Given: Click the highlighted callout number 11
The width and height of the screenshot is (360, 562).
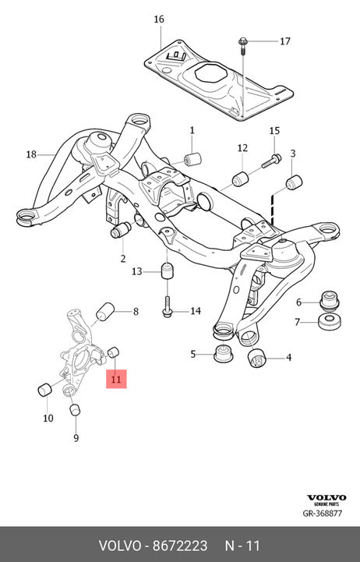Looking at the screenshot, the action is point(116,379).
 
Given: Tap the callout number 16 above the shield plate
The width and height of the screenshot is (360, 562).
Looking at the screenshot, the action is point(159,19).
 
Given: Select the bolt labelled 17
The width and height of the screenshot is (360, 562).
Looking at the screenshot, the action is point(242,46).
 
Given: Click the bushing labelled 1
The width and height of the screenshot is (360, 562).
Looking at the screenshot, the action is point(192,159).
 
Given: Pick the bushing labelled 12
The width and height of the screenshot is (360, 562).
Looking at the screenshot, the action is point(240,180).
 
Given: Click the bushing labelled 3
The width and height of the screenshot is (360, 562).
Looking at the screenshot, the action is point(294,183).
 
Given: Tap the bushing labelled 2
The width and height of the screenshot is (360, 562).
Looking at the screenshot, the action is point(121,229).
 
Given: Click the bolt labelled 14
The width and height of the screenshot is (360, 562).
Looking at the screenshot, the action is point(167,306).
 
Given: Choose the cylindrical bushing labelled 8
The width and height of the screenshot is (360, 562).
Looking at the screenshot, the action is point(105,313).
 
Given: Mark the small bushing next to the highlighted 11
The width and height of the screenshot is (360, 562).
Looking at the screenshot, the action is point(114,352).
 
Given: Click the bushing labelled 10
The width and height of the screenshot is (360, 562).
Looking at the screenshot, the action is point(45,390).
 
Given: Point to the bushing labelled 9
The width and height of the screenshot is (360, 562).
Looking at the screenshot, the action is point(75,409).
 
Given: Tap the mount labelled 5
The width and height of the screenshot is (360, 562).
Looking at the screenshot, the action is point(223,354).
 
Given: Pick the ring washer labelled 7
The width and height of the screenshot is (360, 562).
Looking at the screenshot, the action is point(330,321).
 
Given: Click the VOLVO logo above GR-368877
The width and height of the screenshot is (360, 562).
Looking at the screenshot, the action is point(326,497).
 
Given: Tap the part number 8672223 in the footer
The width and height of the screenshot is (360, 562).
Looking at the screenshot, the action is point(180,546).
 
